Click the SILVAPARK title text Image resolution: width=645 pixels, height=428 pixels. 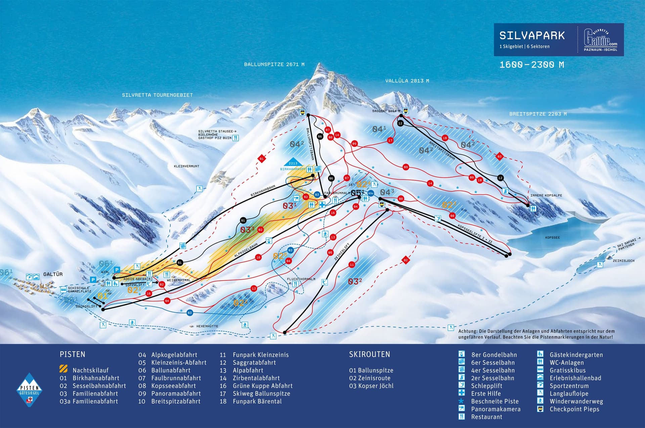[x=532, y=36]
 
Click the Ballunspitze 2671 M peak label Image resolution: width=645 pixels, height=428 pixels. [x=274, y=64]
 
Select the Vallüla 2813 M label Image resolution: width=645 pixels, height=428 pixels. [x=407, y=81]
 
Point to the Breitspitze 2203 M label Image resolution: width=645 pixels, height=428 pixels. [x=538, y=114]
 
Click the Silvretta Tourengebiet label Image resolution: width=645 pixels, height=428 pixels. [x=157, y=95]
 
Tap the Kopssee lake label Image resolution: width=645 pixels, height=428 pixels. [x=552, y=238]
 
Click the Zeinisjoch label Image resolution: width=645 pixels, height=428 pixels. [x=623, y=261]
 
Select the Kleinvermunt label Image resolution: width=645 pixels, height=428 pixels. [x=186, y=166]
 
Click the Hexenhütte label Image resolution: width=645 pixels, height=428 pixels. [x=207, y=326]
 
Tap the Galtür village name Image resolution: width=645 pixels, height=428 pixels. [x=53, y=274]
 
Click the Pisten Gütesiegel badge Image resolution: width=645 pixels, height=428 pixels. [x=30, y=390]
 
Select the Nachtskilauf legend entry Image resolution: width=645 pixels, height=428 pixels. [x=90, y=370]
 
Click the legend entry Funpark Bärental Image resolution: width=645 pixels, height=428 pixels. [x=257, y=401]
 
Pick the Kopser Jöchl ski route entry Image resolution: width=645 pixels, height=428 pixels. [x=371, y=386]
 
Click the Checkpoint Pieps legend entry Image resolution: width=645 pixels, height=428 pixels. [x=574, y=409]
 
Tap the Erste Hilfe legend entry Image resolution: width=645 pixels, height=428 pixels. [x=486, y=393]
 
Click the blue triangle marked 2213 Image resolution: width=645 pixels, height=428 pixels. [x=293, y=162]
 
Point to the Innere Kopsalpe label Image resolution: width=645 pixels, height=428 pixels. [x=546, y=195]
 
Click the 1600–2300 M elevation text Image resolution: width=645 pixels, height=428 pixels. [x=531, y=65]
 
